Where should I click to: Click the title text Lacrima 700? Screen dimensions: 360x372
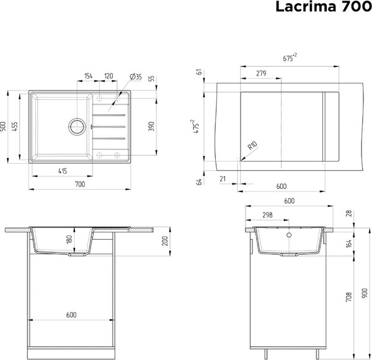click(320, 7)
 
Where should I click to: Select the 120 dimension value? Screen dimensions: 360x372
click(108, 76)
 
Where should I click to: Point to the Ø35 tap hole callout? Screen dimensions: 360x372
click(136, 77)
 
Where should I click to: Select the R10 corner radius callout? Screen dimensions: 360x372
click(252, 147)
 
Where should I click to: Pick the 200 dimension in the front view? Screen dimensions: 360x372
click(165, 242)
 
